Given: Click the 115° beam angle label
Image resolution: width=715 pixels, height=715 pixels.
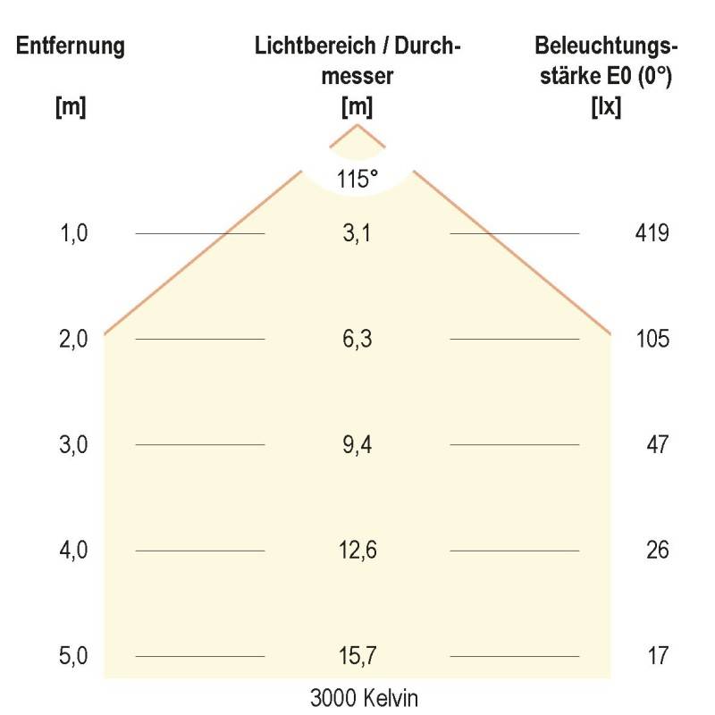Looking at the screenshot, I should (357, 179).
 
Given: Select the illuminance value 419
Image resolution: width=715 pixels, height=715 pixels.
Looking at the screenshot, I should (652, 234).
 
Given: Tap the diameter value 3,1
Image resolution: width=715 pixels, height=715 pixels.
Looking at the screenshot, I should (357, 234).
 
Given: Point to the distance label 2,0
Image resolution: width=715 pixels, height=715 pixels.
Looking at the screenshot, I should (73, 340).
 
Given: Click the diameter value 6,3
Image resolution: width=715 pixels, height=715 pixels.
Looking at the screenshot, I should (357, 340).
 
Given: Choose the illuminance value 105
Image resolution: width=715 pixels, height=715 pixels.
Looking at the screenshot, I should (652, 340).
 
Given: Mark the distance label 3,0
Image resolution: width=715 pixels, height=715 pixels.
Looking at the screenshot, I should (73, 445).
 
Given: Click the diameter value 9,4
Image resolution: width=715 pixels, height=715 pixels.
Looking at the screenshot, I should (357, 445).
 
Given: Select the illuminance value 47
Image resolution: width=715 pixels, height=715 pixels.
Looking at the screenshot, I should (658, 445).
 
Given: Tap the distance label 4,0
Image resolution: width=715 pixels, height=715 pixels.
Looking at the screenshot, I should (73, 551).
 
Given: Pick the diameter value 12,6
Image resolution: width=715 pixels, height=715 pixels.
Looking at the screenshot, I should (357, 551).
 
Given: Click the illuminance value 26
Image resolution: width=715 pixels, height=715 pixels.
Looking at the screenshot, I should (658, 551).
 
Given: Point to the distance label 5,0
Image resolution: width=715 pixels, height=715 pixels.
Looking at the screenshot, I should (73, 657).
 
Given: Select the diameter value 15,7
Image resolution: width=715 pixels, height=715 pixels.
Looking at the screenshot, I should (357, 657).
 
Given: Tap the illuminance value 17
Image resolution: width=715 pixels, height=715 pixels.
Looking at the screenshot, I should (658, 657).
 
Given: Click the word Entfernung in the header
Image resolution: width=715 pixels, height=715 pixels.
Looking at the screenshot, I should (70, 46).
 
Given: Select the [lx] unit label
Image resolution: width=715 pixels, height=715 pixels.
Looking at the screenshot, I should (607, 106).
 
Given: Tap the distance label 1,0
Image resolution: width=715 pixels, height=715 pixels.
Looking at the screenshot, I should (73, 234).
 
